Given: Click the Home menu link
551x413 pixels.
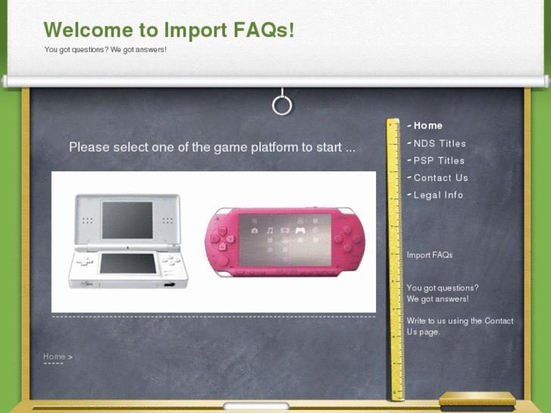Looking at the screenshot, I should pyautogui.click(x=427, y=126).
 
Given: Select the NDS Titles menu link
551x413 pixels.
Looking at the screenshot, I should pyautogui.click(x=440, y=143).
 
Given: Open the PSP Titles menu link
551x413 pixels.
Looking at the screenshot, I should pyautogui.click(x=439, y=161).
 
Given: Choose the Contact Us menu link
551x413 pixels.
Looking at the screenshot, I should pyautogui.click(x=440, y=178).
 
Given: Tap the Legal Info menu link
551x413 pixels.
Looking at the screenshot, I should pyautogui.click(x=438, y=196).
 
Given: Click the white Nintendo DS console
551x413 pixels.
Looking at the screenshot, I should pyautogui.click(x=127, y=240).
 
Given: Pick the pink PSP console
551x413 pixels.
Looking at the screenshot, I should pyautogui.click(x=284, y=241).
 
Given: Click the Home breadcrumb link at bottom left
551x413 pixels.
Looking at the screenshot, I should pyautogui.click(x=54, y=356).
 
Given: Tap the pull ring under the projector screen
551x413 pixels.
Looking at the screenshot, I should pyautogui.click(x=282, y=105).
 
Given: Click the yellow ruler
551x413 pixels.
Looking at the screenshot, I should pyautogui.click(x=393, y=258).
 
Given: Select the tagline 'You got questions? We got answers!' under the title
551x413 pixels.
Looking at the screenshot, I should pyautogui.click(x=105, y=50).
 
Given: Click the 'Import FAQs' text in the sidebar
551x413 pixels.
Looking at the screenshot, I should pyautogui.click(x=430, y=255).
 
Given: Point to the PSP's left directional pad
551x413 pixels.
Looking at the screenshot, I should pyautogui.click(x=219, y=236).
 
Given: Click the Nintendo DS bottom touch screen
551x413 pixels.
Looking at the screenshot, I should pyautogui.click(x=128, y=264).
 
